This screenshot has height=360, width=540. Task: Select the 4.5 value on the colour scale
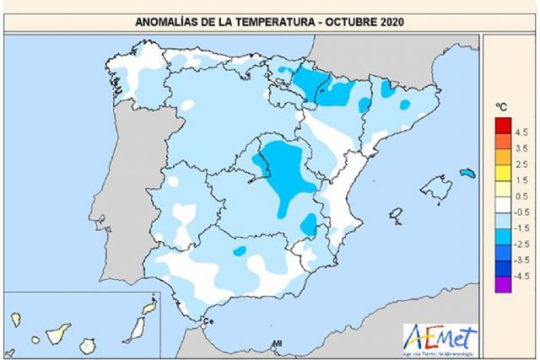click(520, 132)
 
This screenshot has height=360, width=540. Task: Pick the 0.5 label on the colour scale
click(520, 196)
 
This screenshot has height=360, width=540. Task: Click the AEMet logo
click(439, 339)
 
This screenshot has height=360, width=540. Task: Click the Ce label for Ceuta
click(212, 321)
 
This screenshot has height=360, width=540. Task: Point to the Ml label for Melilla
click(276, 343)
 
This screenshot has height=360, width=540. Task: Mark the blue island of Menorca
click(468, 173)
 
